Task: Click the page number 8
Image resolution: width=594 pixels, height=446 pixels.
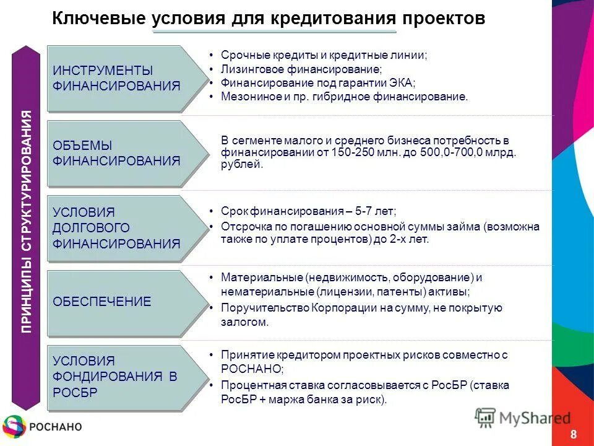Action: tap(574, 433)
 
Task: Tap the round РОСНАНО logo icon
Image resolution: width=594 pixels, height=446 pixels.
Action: tap(14, 426)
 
